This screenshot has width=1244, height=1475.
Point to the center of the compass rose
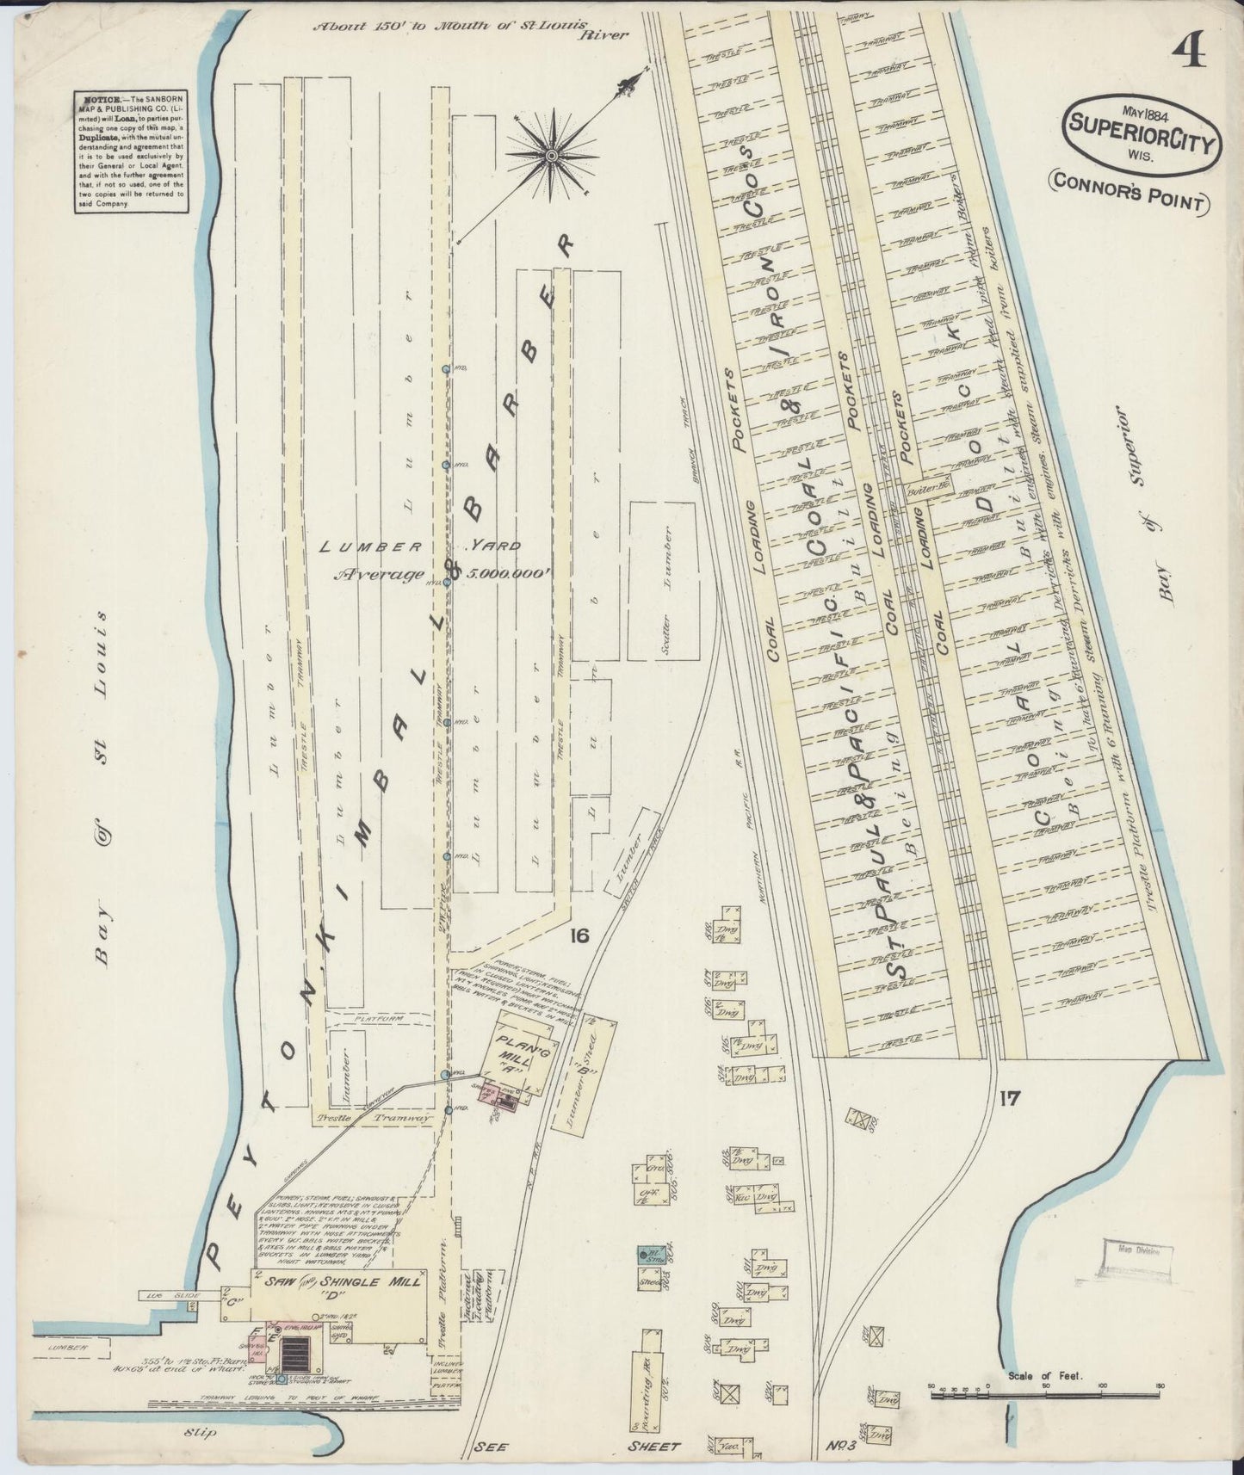(552, 155)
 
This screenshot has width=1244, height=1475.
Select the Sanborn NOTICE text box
(129, 151)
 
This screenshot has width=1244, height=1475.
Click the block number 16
(578, 936)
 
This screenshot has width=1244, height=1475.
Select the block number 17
(1010, 1097)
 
